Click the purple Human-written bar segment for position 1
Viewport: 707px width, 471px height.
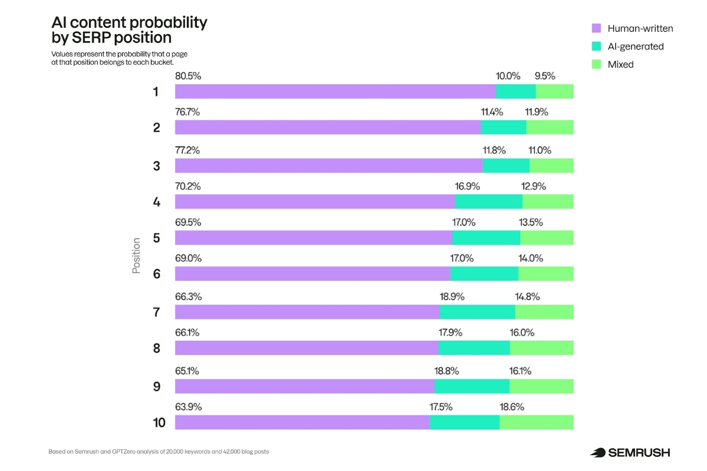(335, 91)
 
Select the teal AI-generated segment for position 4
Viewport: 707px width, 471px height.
(488, 201)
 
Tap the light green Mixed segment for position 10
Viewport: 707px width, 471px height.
(536, 422)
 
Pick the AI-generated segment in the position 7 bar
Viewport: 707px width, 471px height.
(477, 312)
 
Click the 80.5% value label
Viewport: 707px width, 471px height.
(187, 76)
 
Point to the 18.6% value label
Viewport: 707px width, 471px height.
(511, 407)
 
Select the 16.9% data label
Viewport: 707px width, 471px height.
(467, 186)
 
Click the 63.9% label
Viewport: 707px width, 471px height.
(188, 407)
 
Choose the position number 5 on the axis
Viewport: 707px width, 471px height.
(156, 238)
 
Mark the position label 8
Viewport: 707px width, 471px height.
(156, 349)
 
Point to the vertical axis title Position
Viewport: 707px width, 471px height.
(137, 256)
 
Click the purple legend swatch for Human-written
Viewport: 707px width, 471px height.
(596, 28)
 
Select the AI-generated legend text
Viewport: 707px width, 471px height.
(636, 47)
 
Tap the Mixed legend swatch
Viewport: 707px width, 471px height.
(596, 64)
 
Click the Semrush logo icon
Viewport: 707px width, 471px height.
(598, 452)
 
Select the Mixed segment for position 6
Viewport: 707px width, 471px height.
(546, 274)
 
